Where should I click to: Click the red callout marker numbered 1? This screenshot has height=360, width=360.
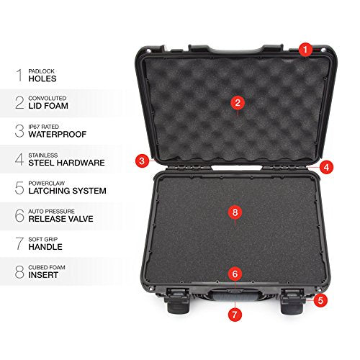305,50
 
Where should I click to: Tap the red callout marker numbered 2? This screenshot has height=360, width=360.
238,103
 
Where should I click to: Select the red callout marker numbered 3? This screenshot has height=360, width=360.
142,161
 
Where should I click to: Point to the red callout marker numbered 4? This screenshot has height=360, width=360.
326,167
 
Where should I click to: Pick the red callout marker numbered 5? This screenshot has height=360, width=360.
320,300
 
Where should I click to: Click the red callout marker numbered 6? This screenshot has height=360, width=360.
235,274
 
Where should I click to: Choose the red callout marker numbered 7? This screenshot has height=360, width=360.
235,315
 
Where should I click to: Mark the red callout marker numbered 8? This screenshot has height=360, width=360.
235,212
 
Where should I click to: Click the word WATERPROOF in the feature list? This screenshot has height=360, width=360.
58,134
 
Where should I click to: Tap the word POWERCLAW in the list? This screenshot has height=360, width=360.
47,184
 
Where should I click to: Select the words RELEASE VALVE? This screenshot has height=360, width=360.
60,219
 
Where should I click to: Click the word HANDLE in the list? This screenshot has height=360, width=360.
45,247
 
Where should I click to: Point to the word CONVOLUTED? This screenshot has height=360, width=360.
48,98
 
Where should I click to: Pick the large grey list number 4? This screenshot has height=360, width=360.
19,159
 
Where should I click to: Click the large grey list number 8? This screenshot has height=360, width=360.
19,271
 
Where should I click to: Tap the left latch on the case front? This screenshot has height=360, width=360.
177,301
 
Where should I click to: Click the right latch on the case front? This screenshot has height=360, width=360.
292,301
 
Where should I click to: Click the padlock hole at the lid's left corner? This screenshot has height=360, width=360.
149,51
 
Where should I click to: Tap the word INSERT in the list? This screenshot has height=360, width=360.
43,275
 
